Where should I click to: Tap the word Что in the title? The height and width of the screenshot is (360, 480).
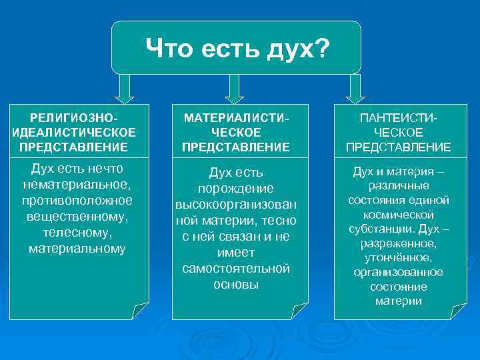[x=171, y=48]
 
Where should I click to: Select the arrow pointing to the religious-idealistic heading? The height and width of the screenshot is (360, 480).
[x=123, y=87]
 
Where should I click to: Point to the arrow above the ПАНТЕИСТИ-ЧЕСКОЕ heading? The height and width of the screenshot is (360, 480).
[x=355, y=87]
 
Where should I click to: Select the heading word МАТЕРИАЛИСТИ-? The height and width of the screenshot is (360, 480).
[x=238, y=117]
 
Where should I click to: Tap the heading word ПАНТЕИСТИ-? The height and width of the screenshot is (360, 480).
[x=398, y=117]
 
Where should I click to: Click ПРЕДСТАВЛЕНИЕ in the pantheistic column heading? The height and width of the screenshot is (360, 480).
[x=398, y=147]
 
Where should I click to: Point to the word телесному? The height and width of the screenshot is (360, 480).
[x=77, y=233]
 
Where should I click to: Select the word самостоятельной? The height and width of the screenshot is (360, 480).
[x=236, y=268]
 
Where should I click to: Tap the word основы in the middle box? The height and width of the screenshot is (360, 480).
[x=236, y=284]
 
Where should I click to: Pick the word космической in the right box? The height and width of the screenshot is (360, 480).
[x=399, y=215]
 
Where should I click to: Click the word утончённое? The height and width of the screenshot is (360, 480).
[x=399, y=257]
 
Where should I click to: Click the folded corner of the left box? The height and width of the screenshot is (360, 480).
[x=140, y=311]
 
